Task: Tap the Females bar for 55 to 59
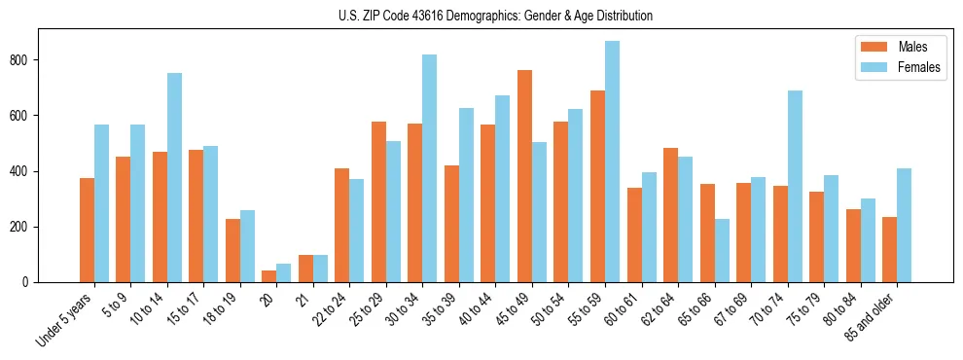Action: [x=612, y=162]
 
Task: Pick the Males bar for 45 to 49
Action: [x=524, y=176]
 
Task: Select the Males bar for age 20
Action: [x=269, y=276]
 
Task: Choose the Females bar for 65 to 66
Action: [x=722, y=250]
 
